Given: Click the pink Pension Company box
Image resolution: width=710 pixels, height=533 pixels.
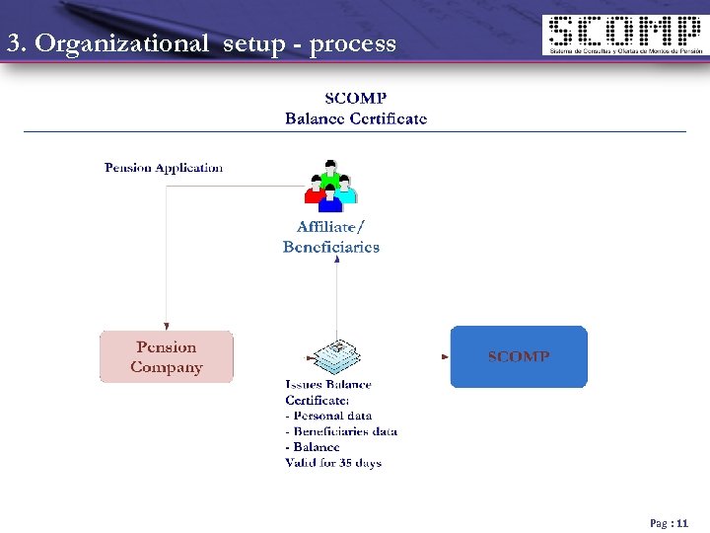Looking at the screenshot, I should [x=167, y=356].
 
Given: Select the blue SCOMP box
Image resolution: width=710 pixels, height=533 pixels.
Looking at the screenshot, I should [x=519, y=356].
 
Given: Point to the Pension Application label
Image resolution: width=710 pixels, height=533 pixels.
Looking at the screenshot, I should [x=164, y=168].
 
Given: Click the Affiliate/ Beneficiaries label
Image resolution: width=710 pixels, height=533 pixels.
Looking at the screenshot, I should [x=331, y=237].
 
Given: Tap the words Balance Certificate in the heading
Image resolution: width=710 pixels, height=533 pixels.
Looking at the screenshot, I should [x=356, y=118].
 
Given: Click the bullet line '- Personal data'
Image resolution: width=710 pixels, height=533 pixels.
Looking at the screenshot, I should [x=328, y=416].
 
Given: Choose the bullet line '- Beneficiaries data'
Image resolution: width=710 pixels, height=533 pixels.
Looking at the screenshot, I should [x=341, y=431].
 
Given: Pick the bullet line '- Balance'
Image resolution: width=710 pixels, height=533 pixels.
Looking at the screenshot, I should [x=313, y=447].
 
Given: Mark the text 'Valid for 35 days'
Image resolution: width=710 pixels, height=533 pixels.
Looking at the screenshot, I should [x=333, y=463].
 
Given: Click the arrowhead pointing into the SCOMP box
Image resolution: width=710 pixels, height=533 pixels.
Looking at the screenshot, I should [x=445, y=356].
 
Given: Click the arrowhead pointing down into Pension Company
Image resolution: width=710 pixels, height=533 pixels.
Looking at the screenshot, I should [x=167, y=326].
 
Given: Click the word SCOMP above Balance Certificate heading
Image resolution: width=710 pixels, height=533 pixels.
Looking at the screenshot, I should [x=356, y=99].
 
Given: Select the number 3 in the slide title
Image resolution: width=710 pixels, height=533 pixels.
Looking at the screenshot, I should [x=13, y=43].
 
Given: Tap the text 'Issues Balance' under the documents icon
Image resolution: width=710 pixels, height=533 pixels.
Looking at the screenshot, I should [x=328, y=384].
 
